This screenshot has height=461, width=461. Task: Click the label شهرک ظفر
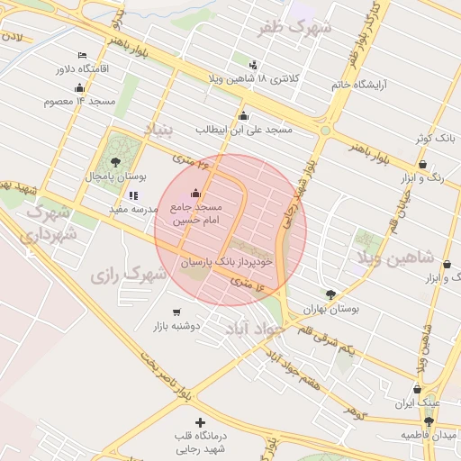pyautogui.click(x=295, y=28)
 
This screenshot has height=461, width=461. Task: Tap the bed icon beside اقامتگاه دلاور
pyautogui.click(x=83, y=55)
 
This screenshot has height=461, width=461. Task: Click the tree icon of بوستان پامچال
pyautogui.click(x=115, y=162)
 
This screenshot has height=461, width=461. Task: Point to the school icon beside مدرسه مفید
pyautogui.click(x=133, y=194)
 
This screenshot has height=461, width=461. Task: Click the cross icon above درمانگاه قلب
pyautogui.click(x=200, y=422)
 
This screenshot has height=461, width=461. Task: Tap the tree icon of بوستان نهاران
pyautogui.click(x=330, y=294)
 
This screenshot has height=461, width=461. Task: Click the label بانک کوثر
pyautogui.click(x=433, y=139)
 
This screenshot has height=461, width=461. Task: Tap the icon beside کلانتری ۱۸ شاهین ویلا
pyautogui.click(x=252, y=64)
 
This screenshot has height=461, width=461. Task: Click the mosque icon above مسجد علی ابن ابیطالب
pyautogui.click(x=243, y=115)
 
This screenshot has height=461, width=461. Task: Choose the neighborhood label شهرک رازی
pyautogui.click(x=129, y=273)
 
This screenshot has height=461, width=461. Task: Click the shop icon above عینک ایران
pyautogui.click(x=417, y=390)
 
